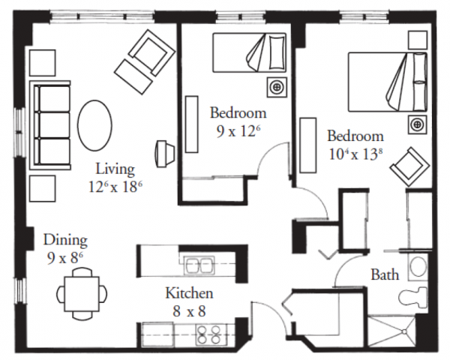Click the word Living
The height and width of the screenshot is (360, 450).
coord(115,169)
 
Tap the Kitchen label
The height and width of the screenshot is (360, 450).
coord(190,293)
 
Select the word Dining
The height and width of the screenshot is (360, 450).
coord(65,241)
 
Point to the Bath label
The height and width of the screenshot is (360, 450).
coord(385,274)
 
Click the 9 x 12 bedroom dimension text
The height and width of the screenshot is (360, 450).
coord(238,131)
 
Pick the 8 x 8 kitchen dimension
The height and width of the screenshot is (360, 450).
coord(190,311)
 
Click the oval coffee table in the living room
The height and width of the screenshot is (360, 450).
coord(94,125)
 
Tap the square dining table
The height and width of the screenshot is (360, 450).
coord(82,294)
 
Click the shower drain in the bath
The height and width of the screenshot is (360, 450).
coord(404,331)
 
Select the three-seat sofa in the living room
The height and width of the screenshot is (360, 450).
coord(50,125)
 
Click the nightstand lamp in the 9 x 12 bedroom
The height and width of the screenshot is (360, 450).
coord(276,87)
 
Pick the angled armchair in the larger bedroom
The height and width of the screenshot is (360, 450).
coord(409,167)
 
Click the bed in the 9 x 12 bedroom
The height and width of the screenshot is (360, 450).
coord(250,52)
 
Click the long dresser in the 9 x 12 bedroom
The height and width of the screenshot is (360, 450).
coord(192,124)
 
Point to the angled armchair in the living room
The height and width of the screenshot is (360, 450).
coord(145,62)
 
